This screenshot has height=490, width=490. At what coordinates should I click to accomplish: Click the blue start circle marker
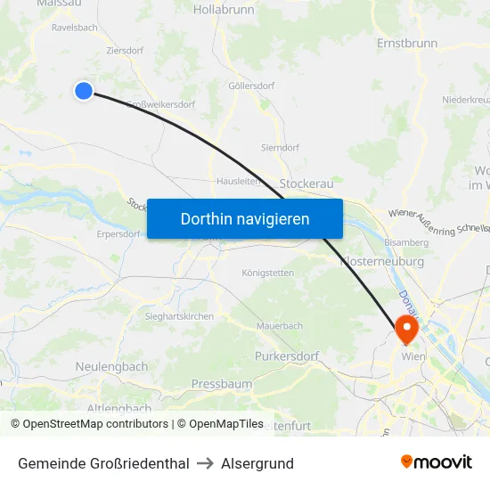tap(84, 90)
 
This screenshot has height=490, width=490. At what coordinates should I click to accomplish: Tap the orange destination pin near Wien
tap(407, 328)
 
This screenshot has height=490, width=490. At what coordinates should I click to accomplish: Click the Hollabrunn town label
tap(223, 10)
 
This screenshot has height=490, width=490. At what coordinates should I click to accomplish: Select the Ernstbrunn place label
tap(407, 43)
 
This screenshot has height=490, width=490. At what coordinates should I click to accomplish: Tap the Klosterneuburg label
tap(383, 262)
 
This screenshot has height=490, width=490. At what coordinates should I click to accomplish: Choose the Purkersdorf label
tap(287, 356)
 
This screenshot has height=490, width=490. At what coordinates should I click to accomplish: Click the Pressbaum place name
tap(222, 384)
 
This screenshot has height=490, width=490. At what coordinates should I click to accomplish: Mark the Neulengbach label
tap(111, 366)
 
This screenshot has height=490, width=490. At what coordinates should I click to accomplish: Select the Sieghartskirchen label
tap(179, 316)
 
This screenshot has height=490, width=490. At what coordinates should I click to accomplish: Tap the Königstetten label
tap(267, 273)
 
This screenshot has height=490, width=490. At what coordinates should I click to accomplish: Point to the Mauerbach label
tap(280, 326)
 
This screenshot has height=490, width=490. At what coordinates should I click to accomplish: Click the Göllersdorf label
tap(251, 86)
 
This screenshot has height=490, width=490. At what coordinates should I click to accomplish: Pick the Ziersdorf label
tap(125, 52)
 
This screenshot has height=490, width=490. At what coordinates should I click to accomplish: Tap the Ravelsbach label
tap(75, 28)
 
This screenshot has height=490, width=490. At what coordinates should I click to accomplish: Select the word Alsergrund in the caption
tap(257, 463)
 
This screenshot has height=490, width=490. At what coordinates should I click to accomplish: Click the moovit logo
tap(436, 462)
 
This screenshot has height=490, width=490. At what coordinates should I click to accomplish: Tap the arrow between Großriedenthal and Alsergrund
tap(205, 463)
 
